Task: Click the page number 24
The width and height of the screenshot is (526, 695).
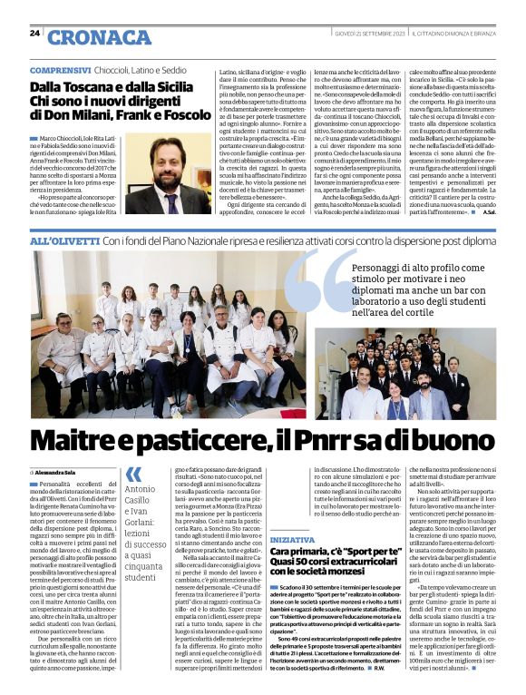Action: click(35, 34)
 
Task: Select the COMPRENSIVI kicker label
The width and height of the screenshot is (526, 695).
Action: click(60, 70)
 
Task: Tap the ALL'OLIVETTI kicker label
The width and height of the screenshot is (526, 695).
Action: click(64, 241)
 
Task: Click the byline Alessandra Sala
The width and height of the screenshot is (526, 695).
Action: click(56, 473)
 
